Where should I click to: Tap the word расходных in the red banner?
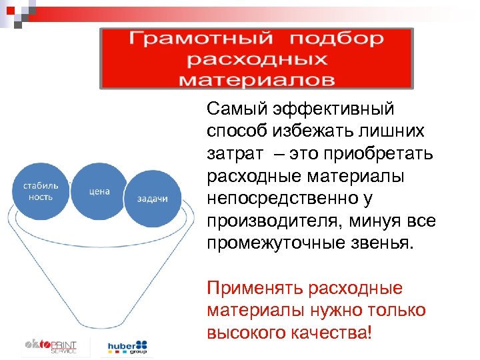[x=257, y=59]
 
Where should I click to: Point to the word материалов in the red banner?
[x=257, y=79]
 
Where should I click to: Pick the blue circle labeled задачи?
[x=152, y=198]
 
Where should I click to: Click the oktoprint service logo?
[x=51, y=347]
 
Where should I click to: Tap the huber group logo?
[x=128, y=347]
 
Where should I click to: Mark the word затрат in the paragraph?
[x=234, y=155]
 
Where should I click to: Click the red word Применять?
[x=250, y=289]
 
